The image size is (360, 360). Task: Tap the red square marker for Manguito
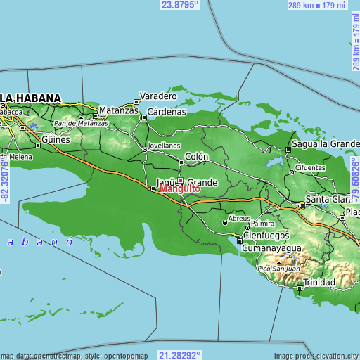180,181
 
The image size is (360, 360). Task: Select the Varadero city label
157,96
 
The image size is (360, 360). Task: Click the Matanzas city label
119,111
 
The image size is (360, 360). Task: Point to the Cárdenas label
167,111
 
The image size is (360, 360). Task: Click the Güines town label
56,140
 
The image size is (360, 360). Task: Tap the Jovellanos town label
164,148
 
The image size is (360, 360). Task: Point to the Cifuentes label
309,169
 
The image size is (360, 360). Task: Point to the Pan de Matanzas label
82,123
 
